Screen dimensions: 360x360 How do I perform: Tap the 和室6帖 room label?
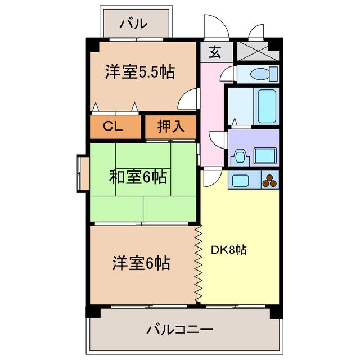(138, 177)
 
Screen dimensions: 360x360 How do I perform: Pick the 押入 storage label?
(170, 127)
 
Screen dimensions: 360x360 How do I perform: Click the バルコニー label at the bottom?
(181, 328)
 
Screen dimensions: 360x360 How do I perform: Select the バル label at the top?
(134, 24)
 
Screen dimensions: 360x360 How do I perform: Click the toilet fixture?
(263, 73)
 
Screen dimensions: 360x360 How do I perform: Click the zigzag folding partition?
(198, 264)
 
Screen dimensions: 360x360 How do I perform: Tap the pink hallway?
(212, 112)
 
